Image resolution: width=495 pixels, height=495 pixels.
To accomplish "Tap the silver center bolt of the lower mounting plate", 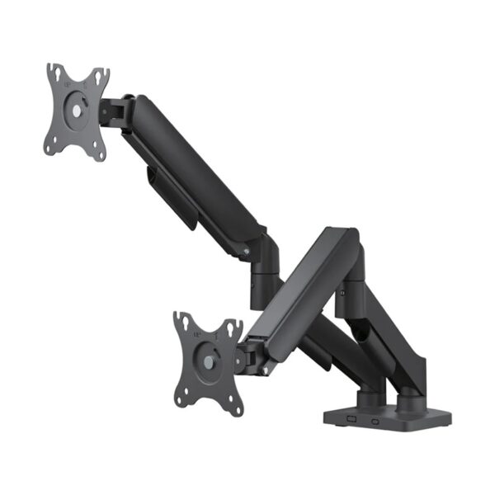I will (205, 361).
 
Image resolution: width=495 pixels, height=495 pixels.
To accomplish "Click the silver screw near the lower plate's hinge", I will (265, 369).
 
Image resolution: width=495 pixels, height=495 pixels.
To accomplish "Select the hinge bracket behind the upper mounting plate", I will (115, 111).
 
